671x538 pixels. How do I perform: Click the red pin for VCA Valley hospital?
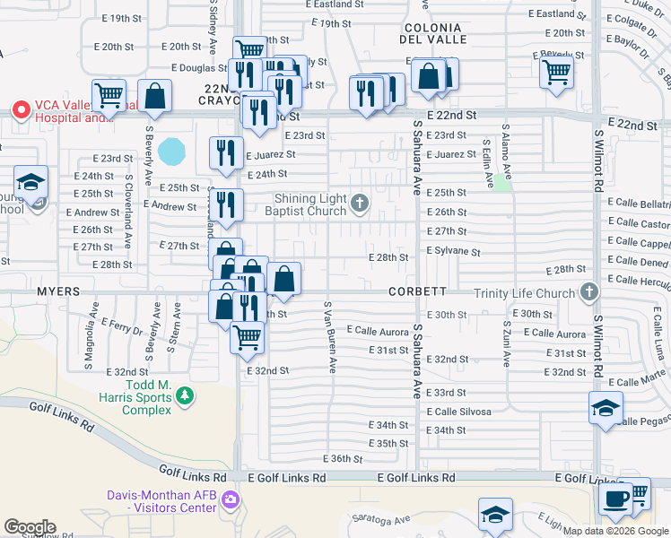[x=21, y=108]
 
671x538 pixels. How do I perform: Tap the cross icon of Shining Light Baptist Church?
[x=359, y=204]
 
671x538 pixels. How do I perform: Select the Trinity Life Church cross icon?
[x=588, y=292]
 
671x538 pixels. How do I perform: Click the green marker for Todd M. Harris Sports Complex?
[x=185, y=395]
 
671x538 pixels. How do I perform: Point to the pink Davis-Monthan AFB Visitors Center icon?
[x=231, y=499]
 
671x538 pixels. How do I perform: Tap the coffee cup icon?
[x=615, y=499]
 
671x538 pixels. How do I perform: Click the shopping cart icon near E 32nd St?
[x=247, y=337]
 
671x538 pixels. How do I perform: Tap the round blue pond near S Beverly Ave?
[x=170, y=150]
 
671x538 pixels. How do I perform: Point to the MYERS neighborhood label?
[x=58, y=291]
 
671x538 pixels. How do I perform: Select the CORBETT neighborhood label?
[x=418, y=291]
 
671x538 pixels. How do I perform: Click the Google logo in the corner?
[x=30, y=527]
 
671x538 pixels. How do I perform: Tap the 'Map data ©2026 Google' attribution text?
[x=615, y=531]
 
